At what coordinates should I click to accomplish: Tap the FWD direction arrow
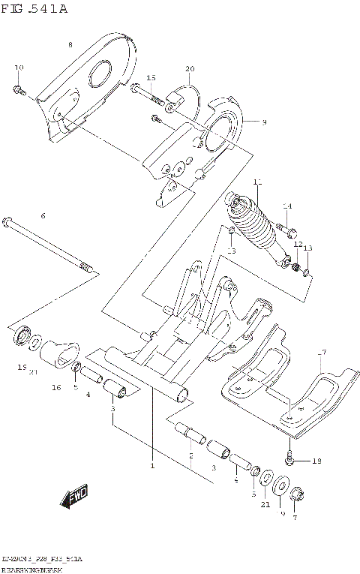click(x=76, y=496)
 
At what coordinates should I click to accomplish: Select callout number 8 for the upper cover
click(x=70, y=45)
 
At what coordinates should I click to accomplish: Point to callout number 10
click(x=19, y=68)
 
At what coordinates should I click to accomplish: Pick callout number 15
click(x=151, y=78)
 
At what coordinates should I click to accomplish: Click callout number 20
click(x=190, y=69)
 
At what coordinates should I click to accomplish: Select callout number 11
click(x=257, y=182)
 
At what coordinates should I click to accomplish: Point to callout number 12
click(x=297, y=245)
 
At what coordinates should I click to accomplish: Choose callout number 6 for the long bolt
click(x=43, y=216)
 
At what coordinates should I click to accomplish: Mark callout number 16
click(x=55, y=387)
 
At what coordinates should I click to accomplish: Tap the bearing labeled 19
click(x=22, y=337)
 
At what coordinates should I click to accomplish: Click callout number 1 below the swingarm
click(x=151, y=466)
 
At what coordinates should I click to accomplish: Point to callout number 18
click(x=316, y=461)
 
